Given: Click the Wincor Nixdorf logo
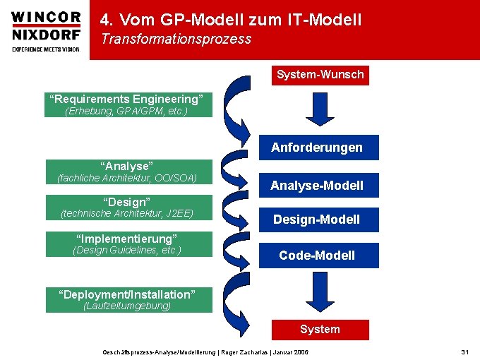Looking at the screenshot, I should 46,30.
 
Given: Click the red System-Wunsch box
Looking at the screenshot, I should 320,75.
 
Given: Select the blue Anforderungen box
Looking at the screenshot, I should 317,148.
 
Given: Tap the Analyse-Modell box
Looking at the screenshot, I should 317,186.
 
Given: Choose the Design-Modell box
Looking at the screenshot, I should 317,220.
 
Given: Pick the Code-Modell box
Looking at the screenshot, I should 317,255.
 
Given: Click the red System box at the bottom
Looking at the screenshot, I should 320,329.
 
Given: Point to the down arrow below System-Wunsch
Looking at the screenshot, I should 319,107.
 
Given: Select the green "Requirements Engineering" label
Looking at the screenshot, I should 126,98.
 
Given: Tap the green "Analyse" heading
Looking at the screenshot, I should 126,166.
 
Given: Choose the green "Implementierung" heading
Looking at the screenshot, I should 126,239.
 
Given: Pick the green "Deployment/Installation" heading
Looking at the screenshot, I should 126,294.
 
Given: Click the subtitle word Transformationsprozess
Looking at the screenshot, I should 176,40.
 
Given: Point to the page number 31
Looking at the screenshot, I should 464,352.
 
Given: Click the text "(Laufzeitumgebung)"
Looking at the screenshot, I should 127,306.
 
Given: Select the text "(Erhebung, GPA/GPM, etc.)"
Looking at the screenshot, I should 126,111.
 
